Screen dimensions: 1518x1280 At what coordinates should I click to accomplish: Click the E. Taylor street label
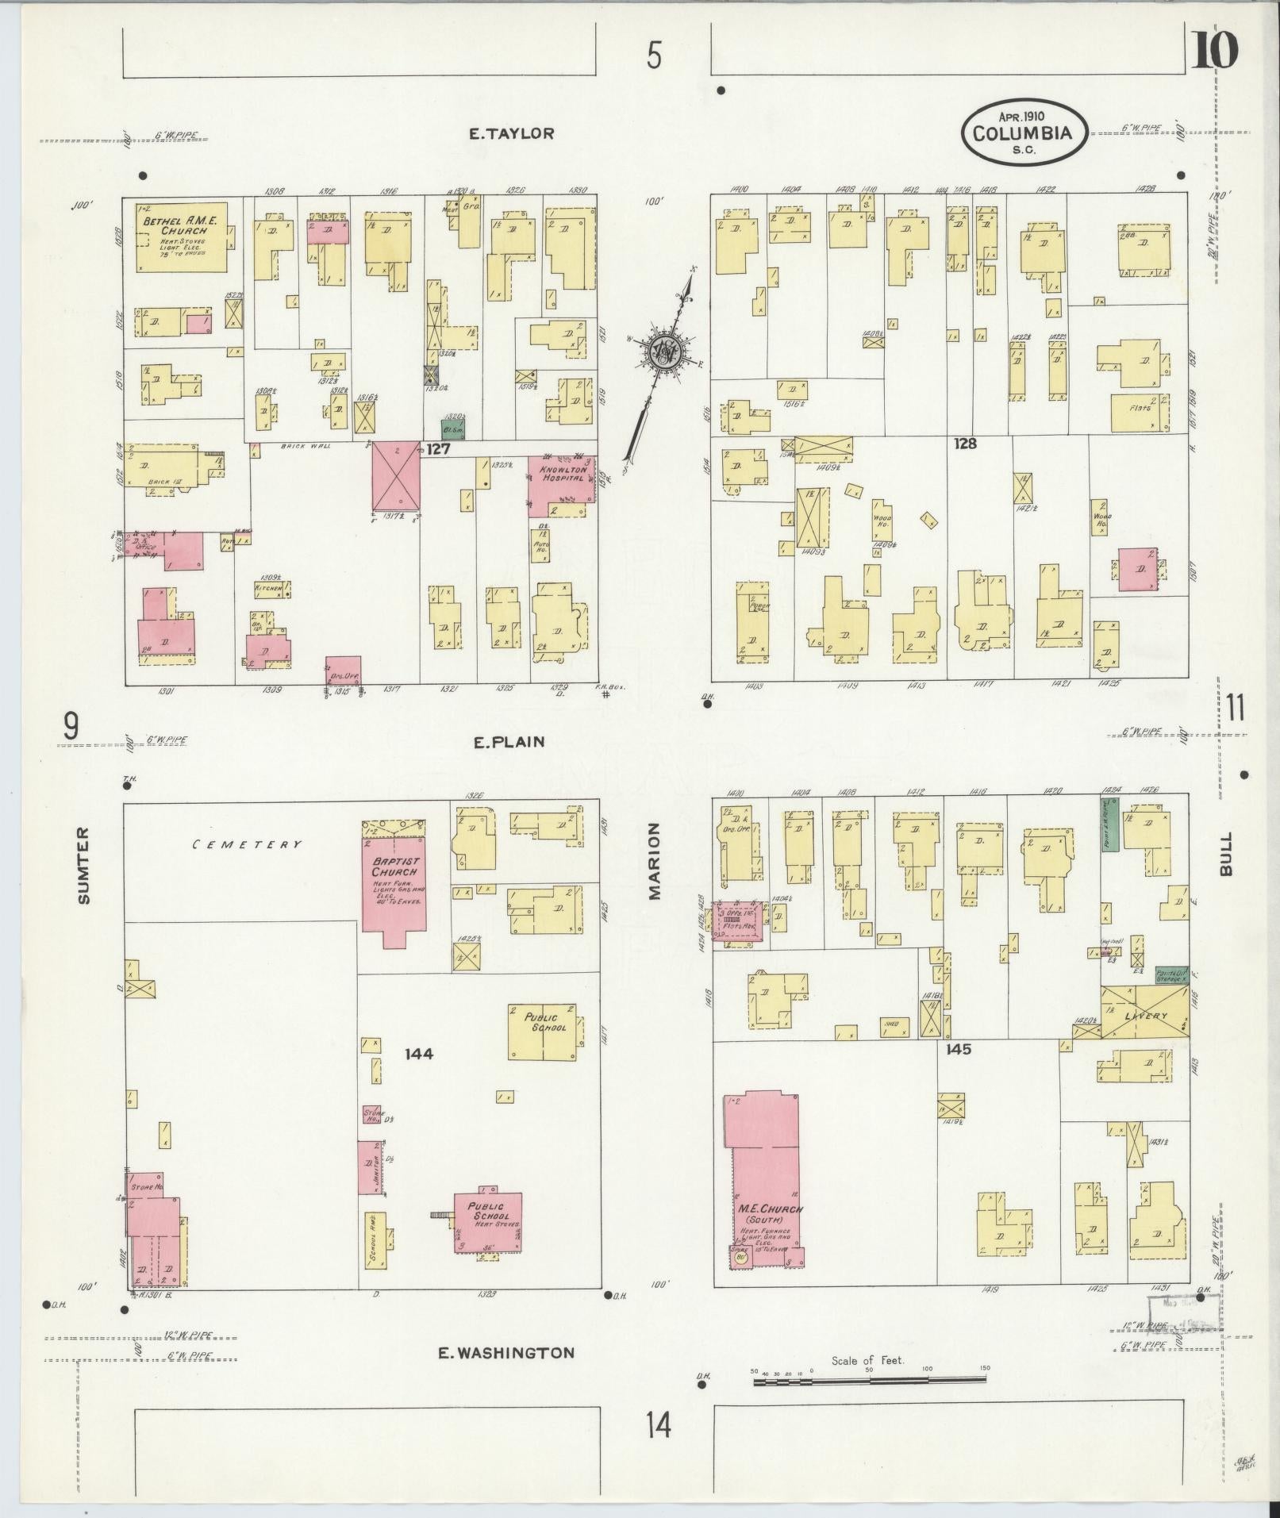point(510,134)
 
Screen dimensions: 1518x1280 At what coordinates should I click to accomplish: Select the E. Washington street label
point(506,1352)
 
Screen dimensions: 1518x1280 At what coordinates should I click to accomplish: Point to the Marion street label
point(655,860)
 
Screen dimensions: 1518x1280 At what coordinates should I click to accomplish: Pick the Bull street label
point(1227,854)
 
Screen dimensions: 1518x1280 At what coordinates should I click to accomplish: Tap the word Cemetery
point(248,844)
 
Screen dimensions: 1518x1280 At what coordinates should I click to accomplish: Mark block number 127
point(439,449)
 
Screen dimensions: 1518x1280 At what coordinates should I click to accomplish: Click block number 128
point(965,444)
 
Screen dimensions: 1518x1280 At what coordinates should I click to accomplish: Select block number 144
point(418,1054)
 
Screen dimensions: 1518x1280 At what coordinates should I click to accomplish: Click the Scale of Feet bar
point(869,1382)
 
